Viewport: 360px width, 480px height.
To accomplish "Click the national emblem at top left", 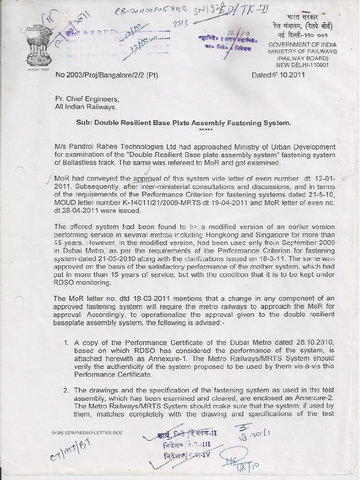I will (x=39, y=45).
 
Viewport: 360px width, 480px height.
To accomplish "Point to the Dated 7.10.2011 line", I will (x=278, y=75).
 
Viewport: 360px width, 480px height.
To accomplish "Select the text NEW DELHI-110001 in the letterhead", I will (x=302, y=65).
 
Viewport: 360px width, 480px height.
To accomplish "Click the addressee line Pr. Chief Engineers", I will (x=87, y=99).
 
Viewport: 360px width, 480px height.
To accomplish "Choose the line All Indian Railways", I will (x=85, y=107).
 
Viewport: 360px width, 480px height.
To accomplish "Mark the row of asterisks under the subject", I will (x=205, y=130).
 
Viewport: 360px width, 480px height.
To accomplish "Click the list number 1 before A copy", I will (x=66, y=343).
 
